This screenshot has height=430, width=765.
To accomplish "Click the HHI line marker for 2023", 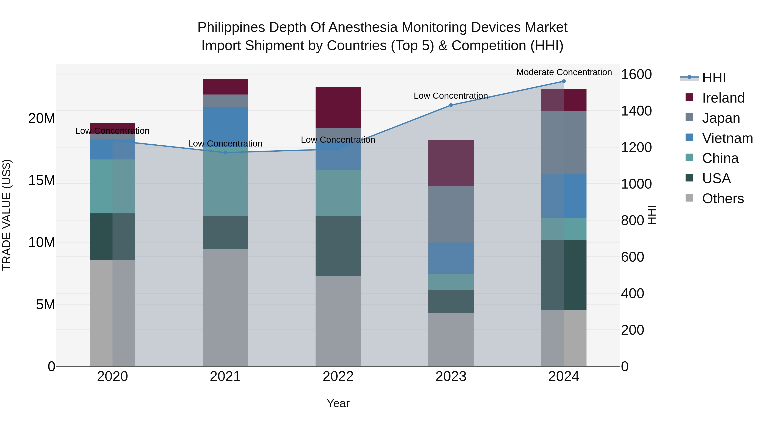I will click(x=451, y=105).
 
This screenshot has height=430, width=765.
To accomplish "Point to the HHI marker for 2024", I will click(x=564, y=81).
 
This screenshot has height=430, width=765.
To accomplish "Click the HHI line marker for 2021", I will click(x=225, y=152).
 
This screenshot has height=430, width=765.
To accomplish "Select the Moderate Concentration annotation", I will click(x=564, y=72).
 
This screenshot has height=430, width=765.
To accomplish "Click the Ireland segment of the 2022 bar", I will click(x=338, y=107).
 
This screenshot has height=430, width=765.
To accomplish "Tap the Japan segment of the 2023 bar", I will click(x=451, y=214).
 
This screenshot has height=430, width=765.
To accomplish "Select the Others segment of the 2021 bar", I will click(x=225, y=307).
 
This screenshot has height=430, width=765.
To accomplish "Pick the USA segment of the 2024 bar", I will click(x=564, y=275).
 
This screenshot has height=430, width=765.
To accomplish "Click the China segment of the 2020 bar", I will click(x=112, y=186).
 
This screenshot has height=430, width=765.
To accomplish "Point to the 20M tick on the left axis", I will click(x=42, y=118).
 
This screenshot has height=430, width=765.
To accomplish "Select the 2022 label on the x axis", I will click(x=338, y=376).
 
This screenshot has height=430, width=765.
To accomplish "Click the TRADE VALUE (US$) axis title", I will click(x=7, y=215).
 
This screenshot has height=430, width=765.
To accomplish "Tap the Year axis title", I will click(x=338, y=403).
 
